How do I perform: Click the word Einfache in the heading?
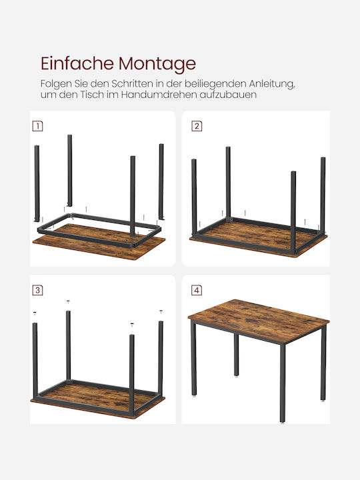click(77, 63)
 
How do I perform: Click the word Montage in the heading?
click(157, 65)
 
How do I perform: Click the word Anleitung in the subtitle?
click(272, 83)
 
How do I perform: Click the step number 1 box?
click(37, 126)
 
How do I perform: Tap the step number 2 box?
click(197, 126)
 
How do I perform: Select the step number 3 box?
click(37, 290)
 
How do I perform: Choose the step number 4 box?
click(197, 290)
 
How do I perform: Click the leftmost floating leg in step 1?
click(37, 183)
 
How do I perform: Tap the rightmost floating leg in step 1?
click(161, 181)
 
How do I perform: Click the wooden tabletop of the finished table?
click(259, 321)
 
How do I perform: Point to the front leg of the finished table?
click(283, 383)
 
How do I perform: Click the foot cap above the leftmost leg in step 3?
click(35, 313)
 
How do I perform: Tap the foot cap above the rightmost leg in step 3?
click(161, 311)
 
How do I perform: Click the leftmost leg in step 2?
click(194, 197)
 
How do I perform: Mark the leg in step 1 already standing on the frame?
click(133, 196)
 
